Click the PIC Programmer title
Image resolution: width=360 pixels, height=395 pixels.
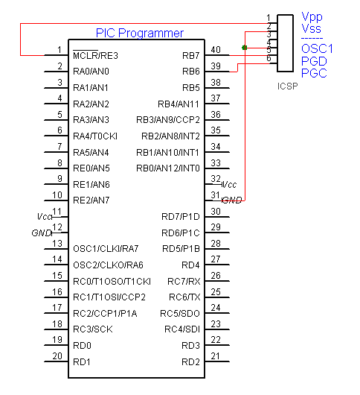[140, 34]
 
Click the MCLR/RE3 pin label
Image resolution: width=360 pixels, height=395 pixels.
[95, 55]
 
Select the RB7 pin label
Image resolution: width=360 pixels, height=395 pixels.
[191, 55]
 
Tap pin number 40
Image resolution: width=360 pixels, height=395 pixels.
[216, 50]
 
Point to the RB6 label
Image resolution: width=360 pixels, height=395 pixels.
[191, 72]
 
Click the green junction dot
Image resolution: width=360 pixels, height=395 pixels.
[244, 48]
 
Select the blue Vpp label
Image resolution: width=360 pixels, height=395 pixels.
[312, 17]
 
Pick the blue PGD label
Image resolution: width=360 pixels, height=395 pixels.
[314, 61]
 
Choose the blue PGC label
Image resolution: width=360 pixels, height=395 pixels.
[314, 73]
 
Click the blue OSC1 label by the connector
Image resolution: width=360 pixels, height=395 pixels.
[317, 48]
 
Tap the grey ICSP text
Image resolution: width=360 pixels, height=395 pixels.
[288, 86]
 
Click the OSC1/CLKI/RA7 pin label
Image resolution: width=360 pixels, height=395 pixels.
[106, 249]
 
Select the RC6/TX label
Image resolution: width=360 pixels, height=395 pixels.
[184, 297]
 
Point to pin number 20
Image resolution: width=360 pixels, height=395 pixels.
[57, 356]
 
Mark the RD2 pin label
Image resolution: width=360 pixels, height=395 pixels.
[190, 362]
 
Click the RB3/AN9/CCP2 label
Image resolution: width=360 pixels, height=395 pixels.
[168, 120]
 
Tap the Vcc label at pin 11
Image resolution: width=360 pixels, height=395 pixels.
[44, 217]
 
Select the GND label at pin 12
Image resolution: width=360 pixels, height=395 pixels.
[42, 233]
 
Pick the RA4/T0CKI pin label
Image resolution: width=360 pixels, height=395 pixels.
[95, 136]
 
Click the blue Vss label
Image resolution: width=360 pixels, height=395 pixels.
[311, 28]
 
